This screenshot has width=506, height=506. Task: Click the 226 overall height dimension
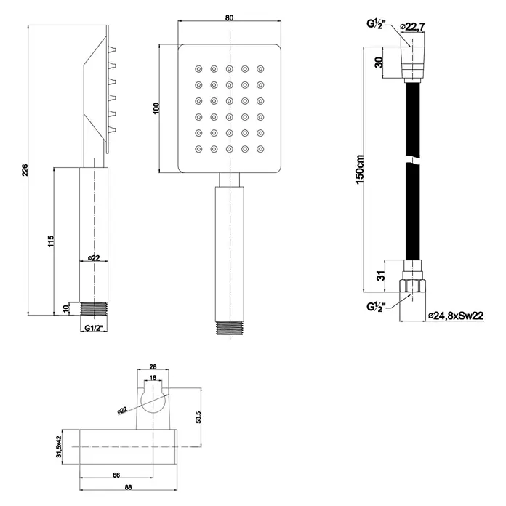[25, 170]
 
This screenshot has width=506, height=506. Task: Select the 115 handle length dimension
[51, 241]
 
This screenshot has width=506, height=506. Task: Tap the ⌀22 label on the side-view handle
[94, 257]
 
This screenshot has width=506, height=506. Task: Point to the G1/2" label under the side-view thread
[93, 328]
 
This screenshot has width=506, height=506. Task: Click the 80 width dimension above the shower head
[229, 17]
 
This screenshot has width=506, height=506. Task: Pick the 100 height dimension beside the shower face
[156, 108]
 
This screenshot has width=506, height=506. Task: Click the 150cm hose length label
[360, 169]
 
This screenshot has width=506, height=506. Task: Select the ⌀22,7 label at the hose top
[412, 27]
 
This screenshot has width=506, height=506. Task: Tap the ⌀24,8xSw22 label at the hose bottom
[456, 316]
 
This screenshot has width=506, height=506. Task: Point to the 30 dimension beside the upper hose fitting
[379, 62]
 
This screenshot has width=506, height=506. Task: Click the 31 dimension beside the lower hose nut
[381, 276]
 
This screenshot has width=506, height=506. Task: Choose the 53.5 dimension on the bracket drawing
[198, 417]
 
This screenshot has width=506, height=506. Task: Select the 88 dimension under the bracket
[128, 488]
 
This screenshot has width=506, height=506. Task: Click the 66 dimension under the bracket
[116, 475]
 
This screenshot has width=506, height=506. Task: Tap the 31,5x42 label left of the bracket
[58, 447]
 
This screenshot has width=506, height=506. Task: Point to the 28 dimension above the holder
[153, 366]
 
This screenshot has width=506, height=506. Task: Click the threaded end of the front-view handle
[230, 328]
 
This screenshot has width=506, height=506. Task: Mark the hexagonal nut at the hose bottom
[412, 286]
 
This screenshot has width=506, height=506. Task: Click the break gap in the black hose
[412, 161]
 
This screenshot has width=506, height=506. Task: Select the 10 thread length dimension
[66, 308]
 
